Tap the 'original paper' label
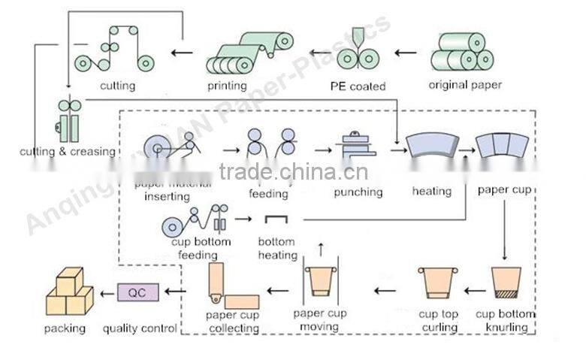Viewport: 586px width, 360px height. (x=465, y=85)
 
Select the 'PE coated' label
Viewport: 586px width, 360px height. (x=358, y=86)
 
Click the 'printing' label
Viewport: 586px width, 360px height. (x=227, y=86)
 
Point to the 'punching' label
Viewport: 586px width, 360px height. (x=358, y=192)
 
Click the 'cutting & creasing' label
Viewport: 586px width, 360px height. (x=68, y=152)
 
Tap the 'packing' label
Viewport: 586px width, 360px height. (x=65, y=328)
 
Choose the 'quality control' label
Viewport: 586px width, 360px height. (x=140, y=328)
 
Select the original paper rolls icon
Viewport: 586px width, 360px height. (x=464, y=52)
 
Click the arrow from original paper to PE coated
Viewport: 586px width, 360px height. (x=405, y=53)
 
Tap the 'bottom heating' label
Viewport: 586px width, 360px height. (x=278, y=249)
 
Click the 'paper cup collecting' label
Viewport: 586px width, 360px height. (x=232, y=321)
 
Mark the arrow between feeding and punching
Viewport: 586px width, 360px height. (x=322, y=150)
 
